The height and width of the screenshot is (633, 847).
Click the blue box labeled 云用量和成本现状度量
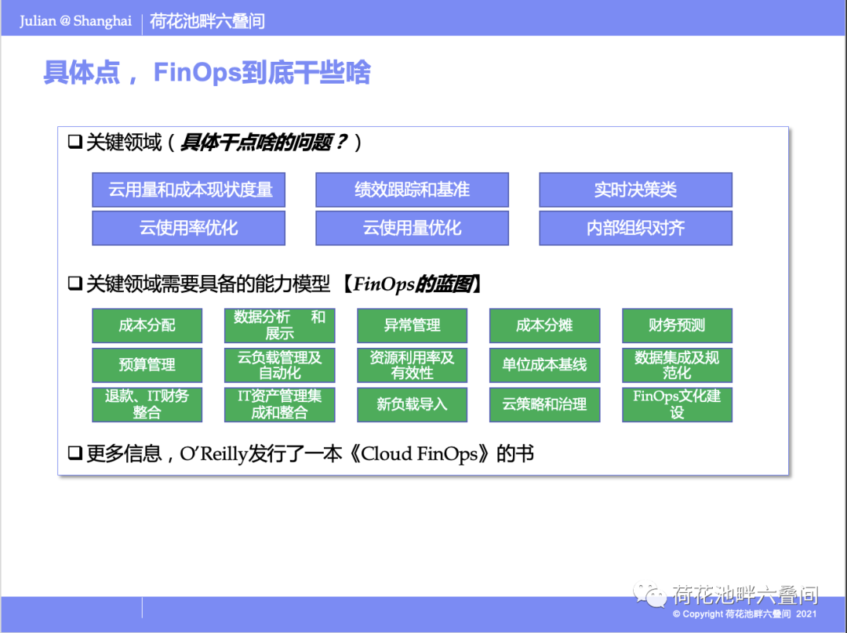(188, 190)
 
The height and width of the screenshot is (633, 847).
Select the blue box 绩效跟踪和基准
(412, 190)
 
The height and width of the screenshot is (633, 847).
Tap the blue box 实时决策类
(635, 190)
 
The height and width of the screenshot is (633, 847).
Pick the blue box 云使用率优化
(188, 228)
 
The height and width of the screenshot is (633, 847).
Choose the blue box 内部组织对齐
(635, 228)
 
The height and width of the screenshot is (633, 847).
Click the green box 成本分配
(147, 325)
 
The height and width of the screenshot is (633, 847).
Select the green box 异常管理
(412, 325)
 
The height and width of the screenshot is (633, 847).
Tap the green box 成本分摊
(544, 325)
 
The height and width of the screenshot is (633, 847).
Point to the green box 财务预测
(677, 325)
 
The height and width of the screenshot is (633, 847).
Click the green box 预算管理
(147, 365)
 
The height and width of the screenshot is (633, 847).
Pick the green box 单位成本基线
(544, 365)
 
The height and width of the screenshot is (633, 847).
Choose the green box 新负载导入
(412, 404)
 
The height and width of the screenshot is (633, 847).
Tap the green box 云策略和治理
(544, 404)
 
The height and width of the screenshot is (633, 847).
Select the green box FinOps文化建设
(677, 404)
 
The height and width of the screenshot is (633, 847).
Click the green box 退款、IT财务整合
(147, 404)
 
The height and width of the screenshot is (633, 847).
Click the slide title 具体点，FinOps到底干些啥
(206, 73)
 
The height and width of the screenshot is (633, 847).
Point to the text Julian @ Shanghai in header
(75, 21)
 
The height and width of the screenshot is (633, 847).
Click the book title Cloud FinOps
(420, 454)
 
